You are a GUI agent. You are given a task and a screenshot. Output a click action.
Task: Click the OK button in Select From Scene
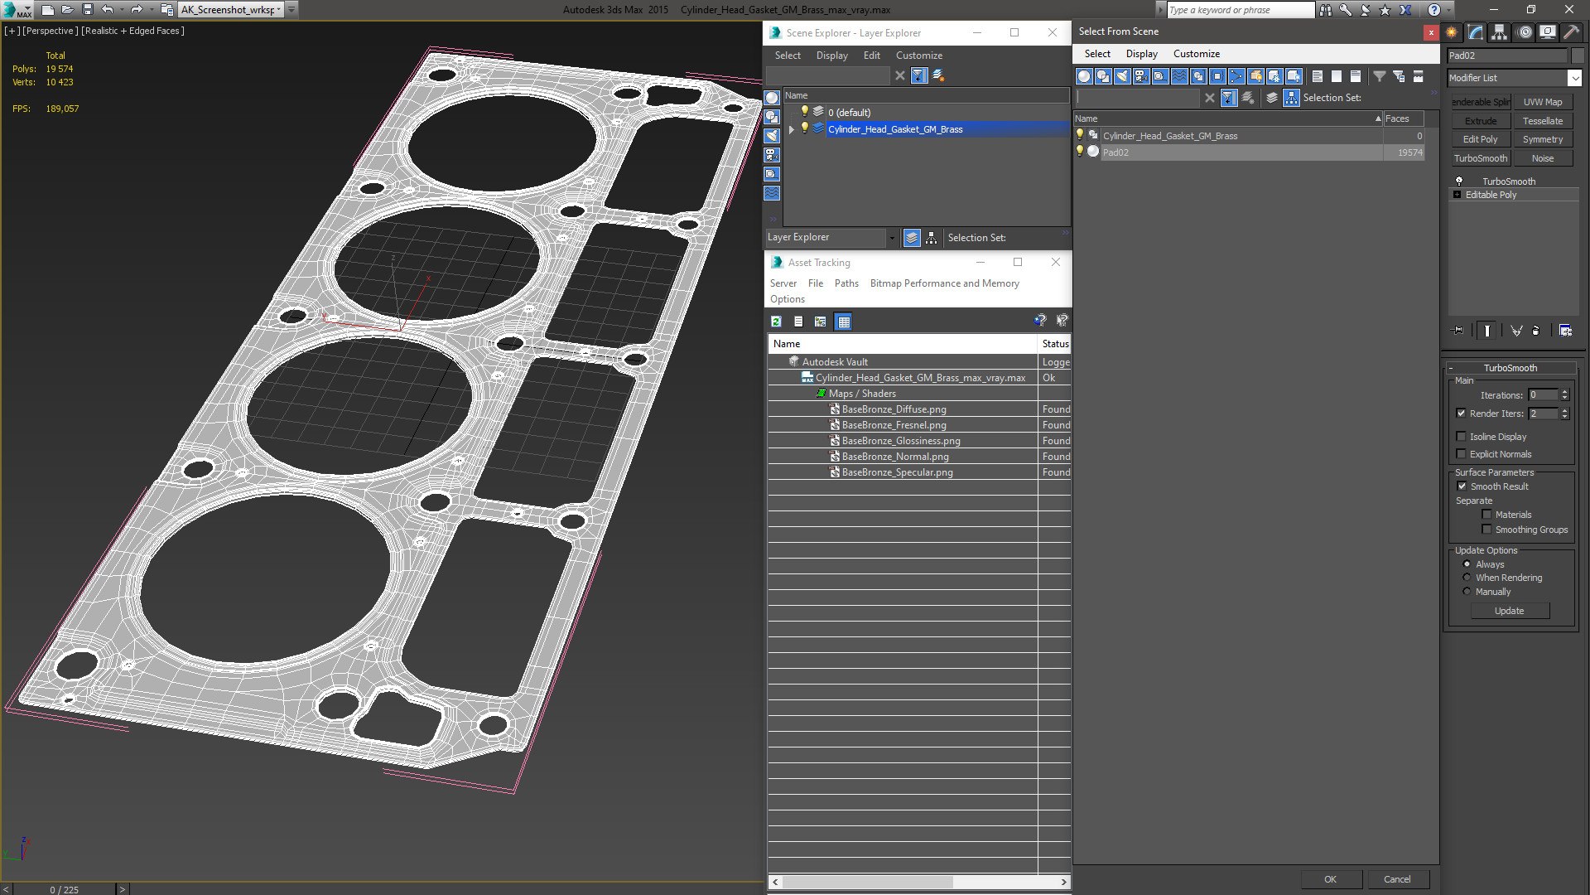1330,879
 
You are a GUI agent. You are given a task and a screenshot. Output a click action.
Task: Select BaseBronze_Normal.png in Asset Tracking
894,457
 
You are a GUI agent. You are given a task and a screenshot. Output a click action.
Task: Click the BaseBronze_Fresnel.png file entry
893,425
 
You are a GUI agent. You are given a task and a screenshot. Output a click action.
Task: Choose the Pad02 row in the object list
1115,152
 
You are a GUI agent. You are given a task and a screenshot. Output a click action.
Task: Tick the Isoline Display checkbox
1462,437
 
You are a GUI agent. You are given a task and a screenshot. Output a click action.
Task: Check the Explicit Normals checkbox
1462,454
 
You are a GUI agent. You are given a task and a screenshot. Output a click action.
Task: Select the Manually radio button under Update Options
1467,592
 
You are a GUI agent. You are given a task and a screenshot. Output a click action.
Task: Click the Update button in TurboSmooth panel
1509,611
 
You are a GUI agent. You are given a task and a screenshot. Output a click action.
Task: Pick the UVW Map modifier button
1542,102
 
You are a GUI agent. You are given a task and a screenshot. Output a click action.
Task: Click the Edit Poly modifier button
1480,139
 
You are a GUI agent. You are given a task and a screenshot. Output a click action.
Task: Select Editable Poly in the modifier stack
1491,195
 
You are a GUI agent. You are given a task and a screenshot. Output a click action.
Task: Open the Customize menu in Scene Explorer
918,56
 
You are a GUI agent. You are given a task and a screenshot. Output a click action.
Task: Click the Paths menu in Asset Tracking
846,283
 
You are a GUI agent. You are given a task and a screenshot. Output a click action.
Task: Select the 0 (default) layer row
850,113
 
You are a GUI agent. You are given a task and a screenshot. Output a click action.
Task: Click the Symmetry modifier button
1542,139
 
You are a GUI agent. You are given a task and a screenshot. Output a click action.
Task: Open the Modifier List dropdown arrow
1573,78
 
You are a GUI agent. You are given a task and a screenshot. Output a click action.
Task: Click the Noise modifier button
1542,158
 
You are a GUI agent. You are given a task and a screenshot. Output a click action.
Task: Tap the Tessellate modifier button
1542,121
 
